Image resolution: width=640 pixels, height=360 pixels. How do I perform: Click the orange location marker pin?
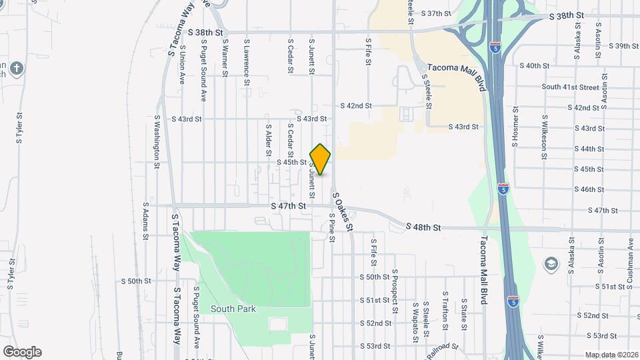click(321, 159)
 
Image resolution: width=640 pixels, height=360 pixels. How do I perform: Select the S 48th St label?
click(423, 227)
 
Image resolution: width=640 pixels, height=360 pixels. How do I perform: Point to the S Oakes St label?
click(343, 211)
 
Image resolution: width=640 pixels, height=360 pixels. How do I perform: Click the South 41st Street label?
click(570, 87)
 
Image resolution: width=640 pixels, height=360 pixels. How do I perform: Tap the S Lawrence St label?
click(246, 61)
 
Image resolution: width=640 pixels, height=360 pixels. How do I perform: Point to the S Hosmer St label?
click(515, 127)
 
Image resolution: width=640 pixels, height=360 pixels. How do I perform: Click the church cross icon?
click(17, 69)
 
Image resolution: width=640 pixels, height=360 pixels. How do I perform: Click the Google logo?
click(22, 352)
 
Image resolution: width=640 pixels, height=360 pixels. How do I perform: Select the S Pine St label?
click(331, 228)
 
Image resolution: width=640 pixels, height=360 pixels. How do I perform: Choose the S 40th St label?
click(537, 66)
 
